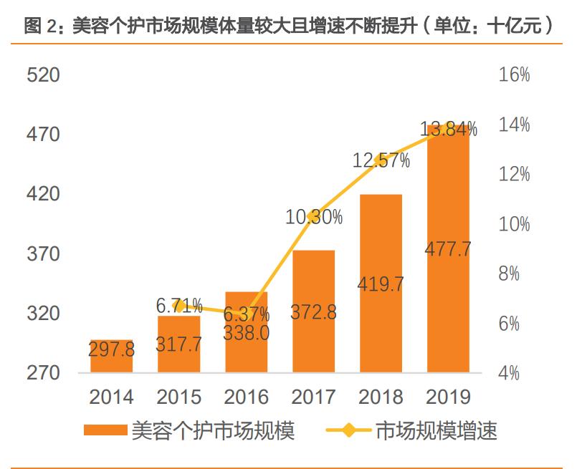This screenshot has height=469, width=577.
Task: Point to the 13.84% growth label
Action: [449, 130]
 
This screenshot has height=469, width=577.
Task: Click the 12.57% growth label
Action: [381, 161]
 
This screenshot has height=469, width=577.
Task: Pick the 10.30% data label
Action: [314, 217]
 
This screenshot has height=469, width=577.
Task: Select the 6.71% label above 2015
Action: [179, 306]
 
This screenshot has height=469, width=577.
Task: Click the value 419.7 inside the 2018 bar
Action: [381, 284]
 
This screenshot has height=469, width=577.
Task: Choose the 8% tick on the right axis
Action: [514, 274]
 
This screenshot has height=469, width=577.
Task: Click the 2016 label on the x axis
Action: [247, 397]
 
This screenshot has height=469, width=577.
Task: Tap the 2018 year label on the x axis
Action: [381, 397]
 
